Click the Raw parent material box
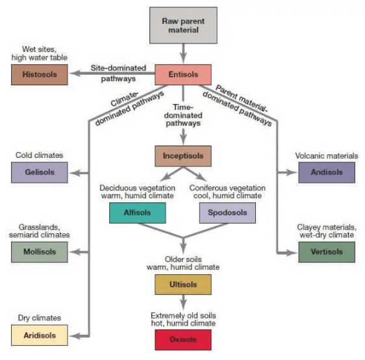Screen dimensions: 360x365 (x=183, y=25)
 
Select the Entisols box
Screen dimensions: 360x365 (x=183, y=75)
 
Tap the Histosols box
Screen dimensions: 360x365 (x=39, y=75)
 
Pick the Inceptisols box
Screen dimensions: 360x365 (x=183, y=156)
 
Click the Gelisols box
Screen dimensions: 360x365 (x=39, y=172)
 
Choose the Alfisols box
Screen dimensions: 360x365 (x=137, y=212)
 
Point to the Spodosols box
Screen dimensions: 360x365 (x=227, y=212)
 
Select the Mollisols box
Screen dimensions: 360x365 (x=39, y=251)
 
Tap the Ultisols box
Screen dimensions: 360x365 (x=183, y=285)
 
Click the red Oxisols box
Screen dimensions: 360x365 (x=183, y=339)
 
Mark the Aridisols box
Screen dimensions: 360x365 (x=39, y=335)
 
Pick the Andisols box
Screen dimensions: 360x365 (x=326, y=172)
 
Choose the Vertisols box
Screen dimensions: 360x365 (x=326, y=251)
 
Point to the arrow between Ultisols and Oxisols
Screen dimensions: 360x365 (x=183, y=303)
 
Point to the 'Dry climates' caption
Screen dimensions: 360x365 (x=38, y=318)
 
